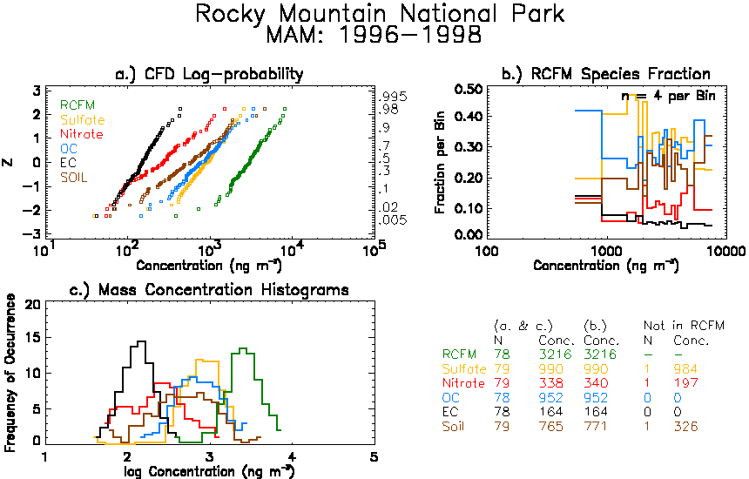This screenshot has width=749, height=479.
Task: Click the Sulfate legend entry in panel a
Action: pos(82,119)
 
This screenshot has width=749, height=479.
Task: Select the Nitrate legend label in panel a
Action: pos(82,134)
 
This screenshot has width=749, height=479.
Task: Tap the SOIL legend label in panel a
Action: pos(74,178)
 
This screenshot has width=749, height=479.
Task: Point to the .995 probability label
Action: pos(392,97)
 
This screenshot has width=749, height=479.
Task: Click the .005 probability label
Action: pos(392,220)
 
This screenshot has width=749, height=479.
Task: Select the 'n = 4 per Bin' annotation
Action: pos(668,96)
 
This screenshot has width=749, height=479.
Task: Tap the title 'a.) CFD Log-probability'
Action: pos(210,74)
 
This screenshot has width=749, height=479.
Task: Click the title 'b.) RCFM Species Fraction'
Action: pos(606,74)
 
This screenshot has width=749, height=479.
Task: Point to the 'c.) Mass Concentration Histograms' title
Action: pos(209,290)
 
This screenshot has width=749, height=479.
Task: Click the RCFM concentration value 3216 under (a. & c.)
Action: pos(555,354)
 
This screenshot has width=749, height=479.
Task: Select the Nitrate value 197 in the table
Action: pos(686,383)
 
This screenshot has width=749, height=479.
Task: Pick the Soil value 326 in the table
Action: pos(686,426)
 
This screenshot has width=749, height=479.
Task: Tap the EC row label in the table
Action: pos(450,412)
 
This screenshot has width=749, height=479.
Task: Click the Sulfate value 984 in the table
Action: pos(686,368)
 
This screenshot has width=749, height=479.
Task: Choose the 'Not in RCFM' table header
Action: pos(684,326)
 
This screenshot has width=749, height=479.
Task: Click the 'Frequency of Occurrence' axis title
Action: pos(10,373)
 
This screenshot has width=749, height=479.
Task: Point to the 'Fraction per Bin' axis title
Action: pos(440,162)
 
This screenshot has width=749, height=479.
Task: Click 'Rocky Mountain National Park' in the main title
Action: pos(380,13)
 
